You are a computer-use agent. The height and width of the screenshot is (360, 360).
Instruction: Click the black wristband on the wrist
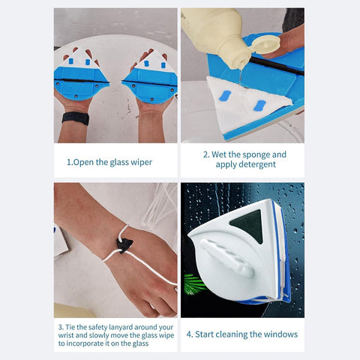[x=75, y=118]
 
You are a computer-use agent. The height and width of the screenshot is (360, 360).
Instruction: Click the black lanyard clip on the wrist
[x=125, y=245]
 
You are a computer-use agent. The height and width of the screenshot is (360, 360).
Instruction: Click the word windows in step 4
[x=280, y=334]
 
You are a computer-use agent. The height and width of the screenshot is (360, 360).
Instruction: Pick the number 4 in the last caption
[x=189, y=334]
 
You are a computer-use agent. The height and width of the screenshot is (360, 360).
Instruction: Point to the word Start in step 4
[x=208, y=334]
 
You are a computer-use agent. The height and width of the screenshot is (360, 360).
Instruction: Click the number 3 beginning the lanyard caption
[x=60, y=327]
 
